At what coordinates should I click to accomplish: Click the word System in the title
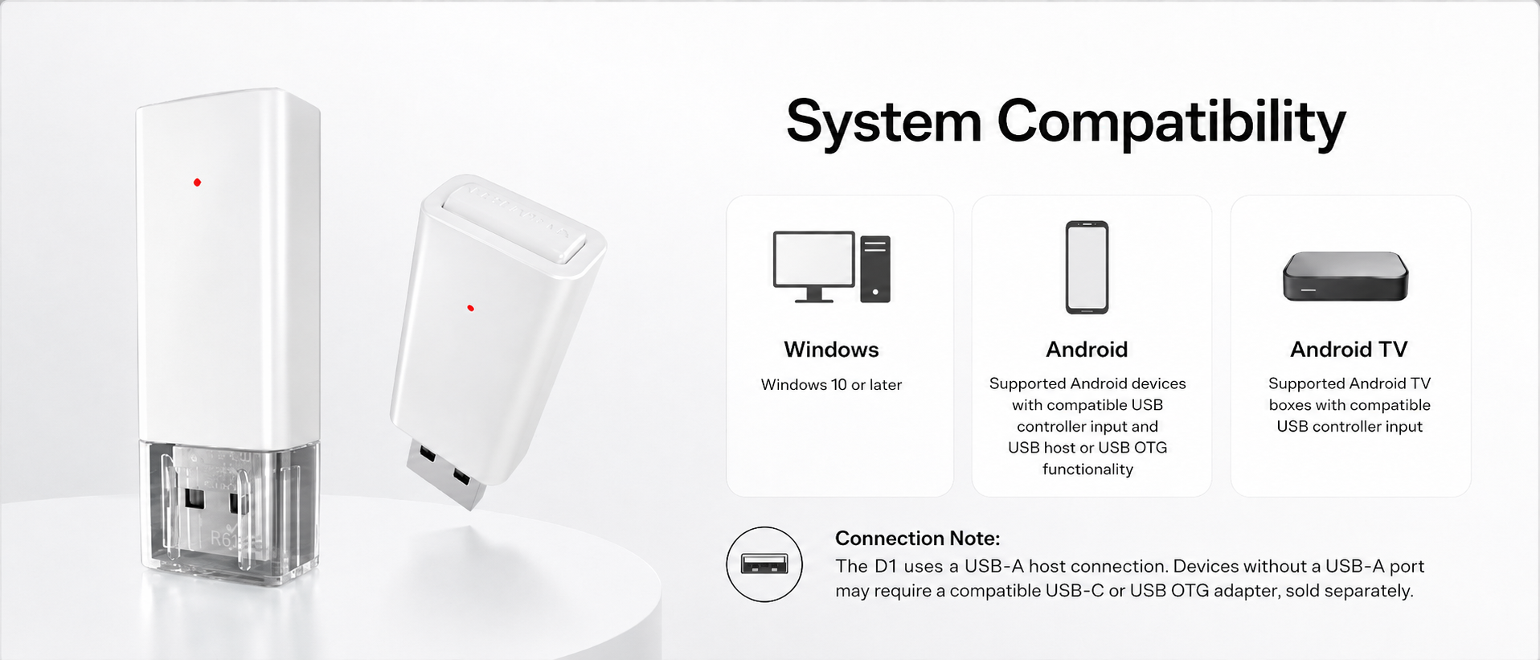point(884,123)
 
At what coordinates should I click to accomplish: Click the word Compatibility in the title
point(1171,123)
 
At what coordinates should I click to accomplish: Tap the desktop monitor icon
point(814,266)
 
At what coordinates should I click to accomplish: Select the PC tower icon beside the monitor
point(875,269)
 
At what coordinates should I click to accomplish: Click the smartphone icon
point(1087,267)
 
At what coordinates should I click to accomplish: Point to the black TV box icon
point(1345,277)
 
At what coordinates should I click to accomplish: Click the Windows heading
point(831,350)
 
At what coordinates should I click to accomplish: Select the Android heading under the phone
point(1087,350)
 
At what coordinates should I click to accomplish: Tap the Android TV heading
point(1349,350)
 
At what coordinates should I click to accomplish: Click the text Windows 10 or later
point(831,385)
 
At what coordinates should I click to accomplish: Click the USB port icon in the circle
point(764,564)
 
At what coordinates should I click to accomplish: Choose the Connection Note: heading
point(917,539)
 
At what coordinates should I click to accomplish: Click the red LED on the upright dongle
point(197,182)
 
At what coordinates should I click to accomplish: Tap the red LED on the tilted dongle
point(471,308)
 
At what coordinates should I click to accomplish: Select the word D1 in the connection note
point(885,567)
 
